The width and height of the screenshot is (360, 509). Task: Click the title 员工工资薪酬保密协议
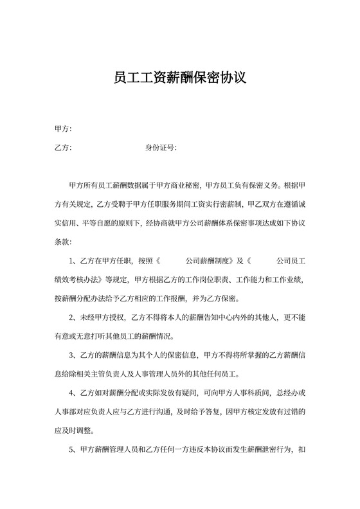pyautogui.click(x=179, y=78)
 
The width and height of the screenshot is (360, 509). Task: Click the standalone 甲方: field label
pyautogui.click(x=63, y=129)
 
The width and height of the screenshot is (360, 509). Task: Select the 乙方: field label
pyautogui.click(x=63, y=148)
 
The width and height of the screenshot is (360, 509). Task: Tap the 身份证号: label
pyautogui.click(x=161, y=148)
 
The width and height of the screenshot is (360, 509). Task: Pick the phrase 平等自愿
pyautogui.click(x=109, y=224)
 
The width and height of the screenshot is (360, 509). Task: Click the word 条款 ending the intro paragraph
pyautogui.click(x=63, y=242)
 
